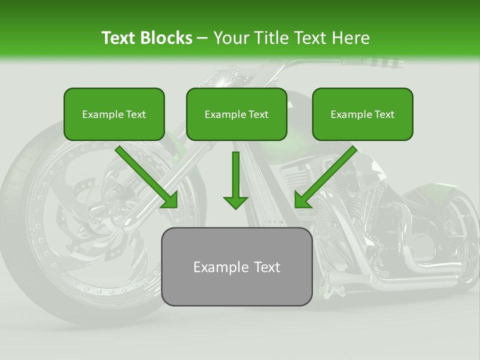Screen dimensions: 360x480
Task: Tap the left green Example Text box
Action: pyautogui.click(x=114, y=114)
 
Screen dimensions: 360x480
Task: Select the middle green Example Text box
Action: pyautogui.click(x=236, y=114)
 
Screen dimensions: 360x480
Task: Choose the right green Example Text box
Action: pyautogui.click(x=362, y=114)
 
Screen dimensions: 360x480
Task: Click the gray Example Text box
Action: pyautogui.click(x=236, y=267)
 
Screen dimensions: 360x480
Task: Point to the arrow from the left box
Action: pyautogui.click(x=147, y=177)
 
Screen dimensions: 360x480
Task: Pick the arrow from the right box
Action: pyautogui.click(x=325, y=177)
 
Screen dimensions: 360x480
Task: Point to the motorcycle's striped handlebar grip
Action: pyautogui.click(x=380, y=64)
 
